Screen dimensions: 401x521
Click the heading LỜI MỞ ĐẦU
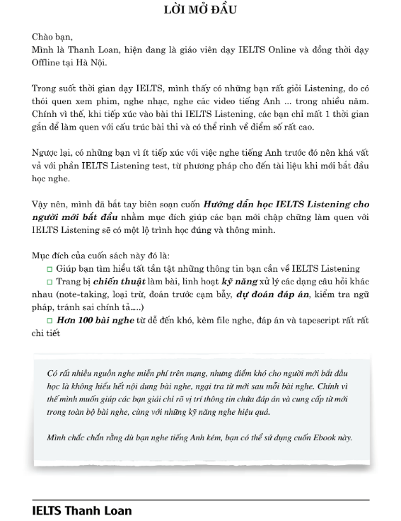[x=200, y=10]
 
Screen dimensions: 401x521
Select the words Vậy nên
[x=48, y=204]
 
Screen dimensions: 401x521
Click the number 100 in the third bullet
[x=88, y=321]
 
